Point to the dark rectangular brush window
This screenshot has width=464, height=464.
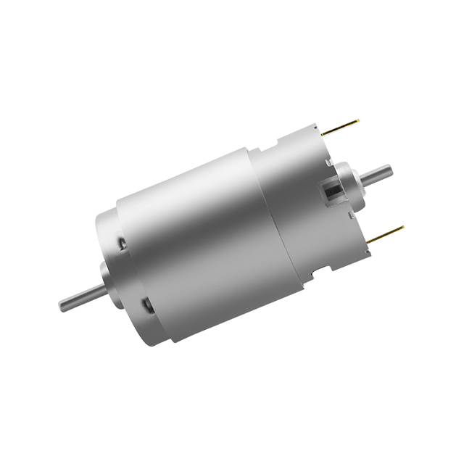tap(333, 194)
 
